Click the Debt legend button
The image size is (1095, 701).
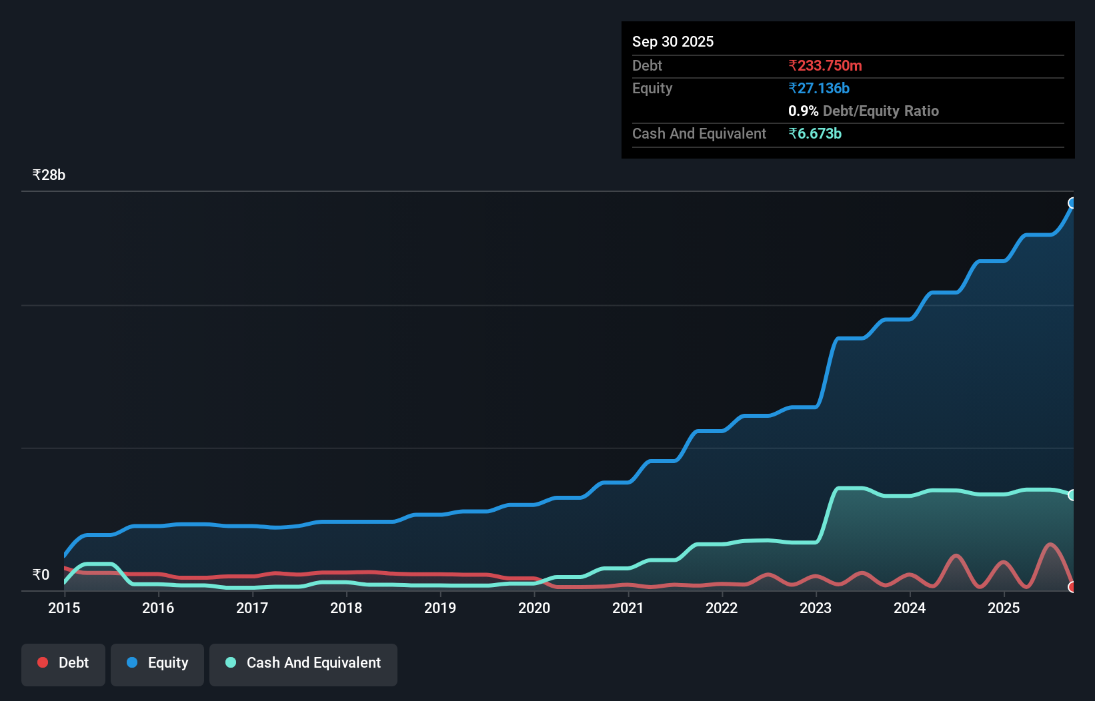pyautogui.click(x=63, y=663)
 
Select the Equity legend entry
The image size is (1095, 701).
pyautogui.click(x=157, y=663)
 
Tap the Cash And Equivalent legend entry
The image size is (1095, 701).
pyautogui.click(x=303, y=663)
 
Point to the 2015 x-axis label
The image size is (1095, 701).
pyautogui.click(x=64, y=608)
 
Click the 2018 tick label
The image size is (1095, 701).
pyautogui.click(x=346, y=608)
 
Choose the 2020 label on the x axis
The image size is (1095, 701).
pyautogui.click(x=534, y=608)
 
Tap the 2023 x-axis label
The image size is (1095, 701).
pyautogui.click(x=816, y=608)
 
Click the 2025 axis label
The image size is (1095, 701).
pyautogui.click(x=1004, y=608)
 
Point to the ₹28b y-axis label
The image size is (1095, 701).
pyautogui.click(x=49, y=175)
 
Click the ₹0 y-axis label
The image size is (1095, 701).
pyautogui.click(x=41, y=574)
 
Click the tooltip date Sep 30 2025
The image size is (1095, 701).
pyautogui.click(x=672, y=41)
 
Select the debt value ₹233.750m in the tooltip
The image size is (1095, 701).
pyautogui.click(x=825, y=65)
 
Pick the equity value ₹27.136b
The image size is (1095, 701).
pyautogui.click(x=819, y=88)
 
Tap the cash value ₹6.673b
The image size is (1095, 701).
pyautogui.click(x=815, y=133)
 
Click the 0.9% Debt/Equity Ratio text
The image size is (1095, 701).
pyautogui.click(x=863, y=111)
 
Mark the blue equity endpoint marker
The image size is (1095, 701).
pyautogui.click(x=1072, y=203)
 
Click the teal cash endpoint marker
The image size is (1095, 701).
pyautogui.click(x=1072, y=495)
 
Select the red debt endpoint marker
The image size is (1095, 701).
pyautogui.click(x=1072, y=587)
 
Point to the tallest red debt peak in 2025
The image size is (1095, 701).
pyautogui.click(x=1050, y=545)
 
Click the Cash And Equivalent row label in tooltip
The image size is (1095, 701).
pyautogui.click(x=699, y=133)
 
